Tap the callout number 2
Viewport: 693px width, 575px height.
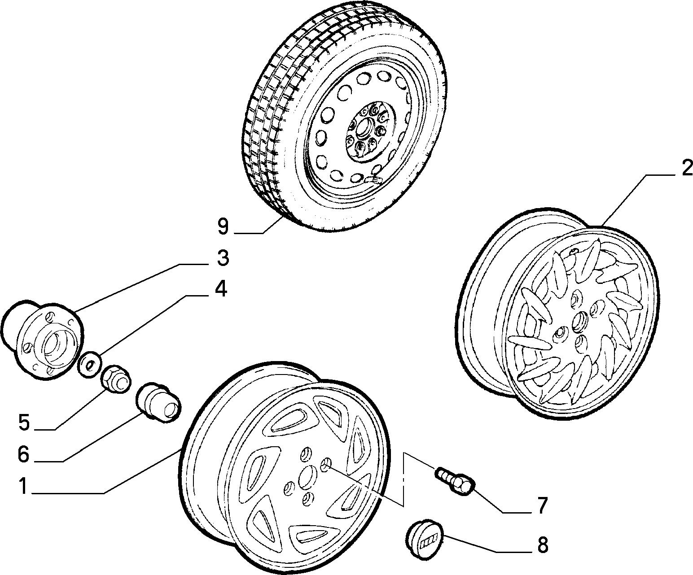pos(686,169)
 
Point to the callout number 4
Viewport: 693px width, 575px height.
pos(219,290)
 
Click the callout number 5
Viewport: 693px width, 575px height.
pos(23,422)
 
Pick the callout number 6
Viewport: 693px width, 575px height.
pos(23,454)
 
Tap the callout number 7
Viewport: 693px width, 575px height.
pos(542,505)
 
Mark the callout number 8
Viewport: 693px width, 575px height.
pos(542,545)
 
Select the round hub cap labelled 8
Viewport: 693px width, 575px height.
pos(424,540)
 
